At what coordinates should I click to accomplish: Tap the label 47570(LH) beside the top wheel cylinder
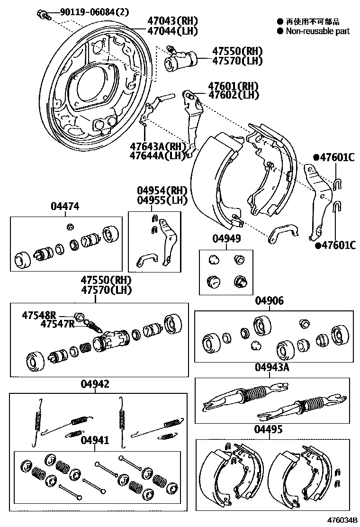237,61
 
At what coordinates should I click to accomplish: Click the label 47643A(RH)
156,145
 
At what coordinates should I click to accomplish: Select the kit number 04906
270,300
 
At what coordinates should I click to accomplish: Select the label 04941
95,440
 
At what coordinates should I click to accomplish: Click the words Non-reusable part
317,31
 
